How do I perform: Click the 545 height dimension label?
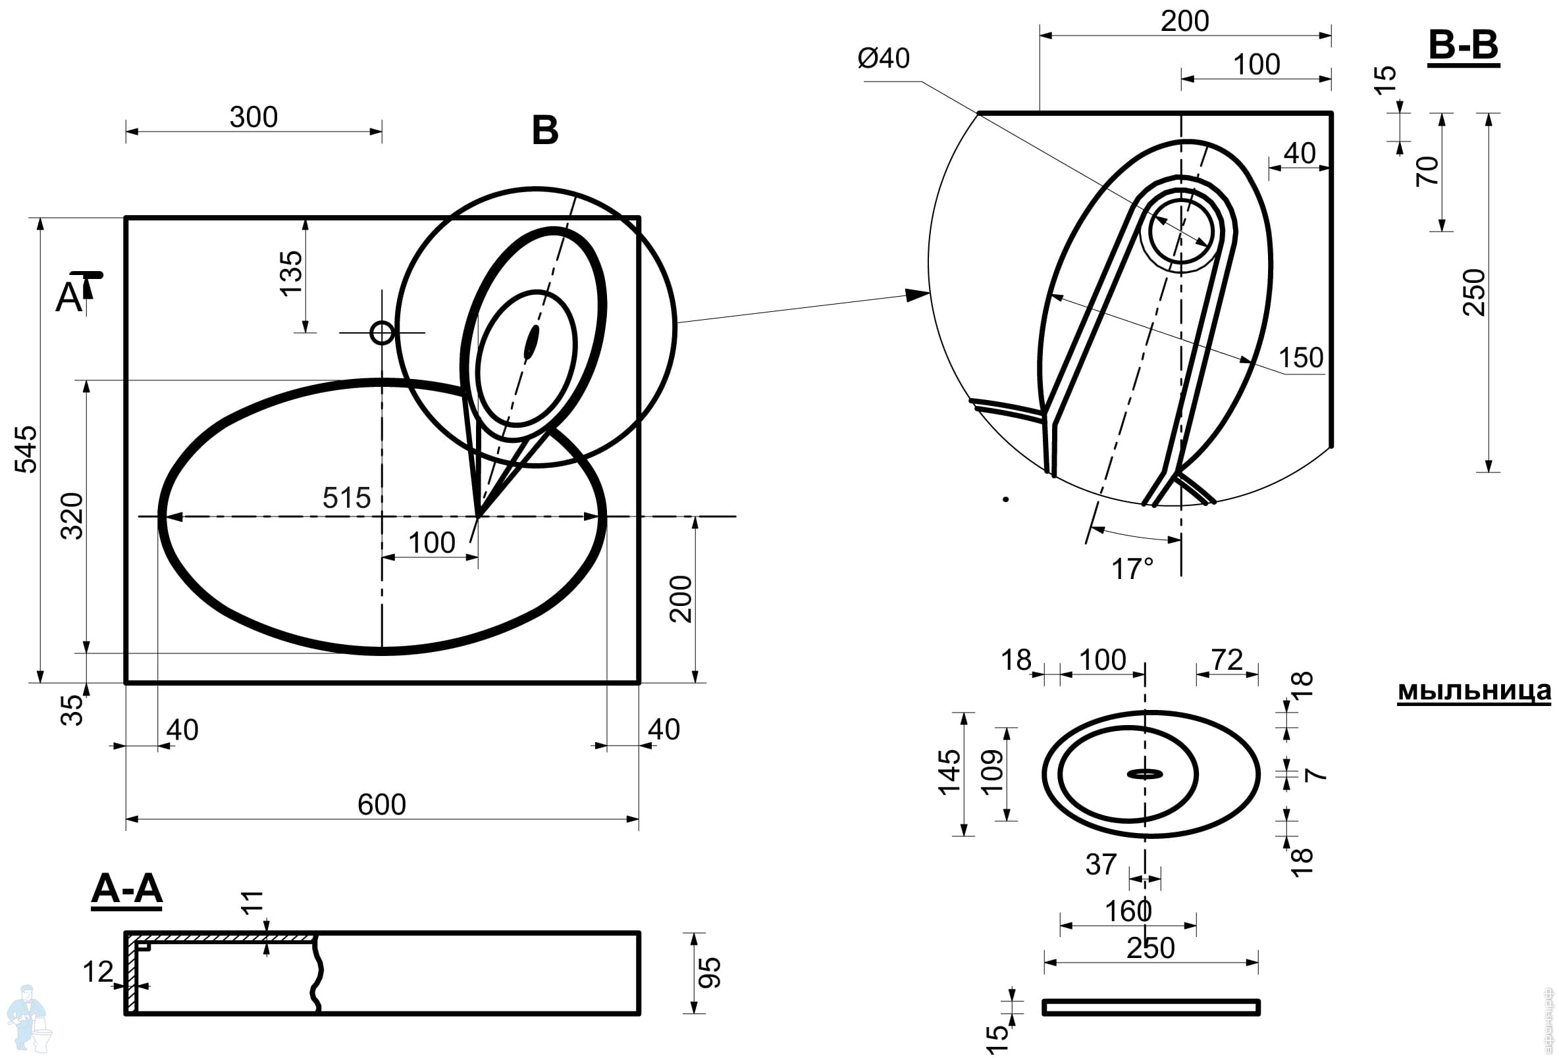click(27, 449)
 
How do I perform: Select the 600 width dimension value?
click(382, 805)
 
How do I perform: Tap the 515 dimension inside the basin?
click(346, 498)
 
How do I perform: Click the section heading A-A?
click(127, 889)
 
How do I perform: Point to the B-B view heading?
click(1464, 45)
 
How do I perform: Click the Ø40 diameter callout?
click(884, 59)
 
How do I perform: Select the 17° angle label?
click(1132, 569)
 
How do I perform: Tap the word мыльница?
click(1475, 691)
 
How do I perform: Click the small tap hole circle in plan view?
click(383, 332)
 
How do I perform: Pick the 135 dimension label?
click(291, 274)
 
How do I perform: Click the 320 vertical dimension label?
click(72, 517)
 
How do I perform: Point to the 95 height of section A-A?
click(709, 973)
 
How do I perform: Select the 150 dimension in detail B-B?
click(1301, 358)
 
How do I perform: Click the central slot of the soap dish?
click(1144, 774)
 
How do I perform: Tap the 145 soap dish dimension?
click(950, 773)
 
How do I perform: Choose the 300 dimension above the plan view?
click(253, 117)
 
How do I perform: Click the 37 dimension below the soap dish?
click(1101, 865)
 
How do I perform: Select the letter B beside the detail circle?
click(545, 130)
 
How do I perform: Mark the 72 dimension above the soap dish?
click(1227, 660)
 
